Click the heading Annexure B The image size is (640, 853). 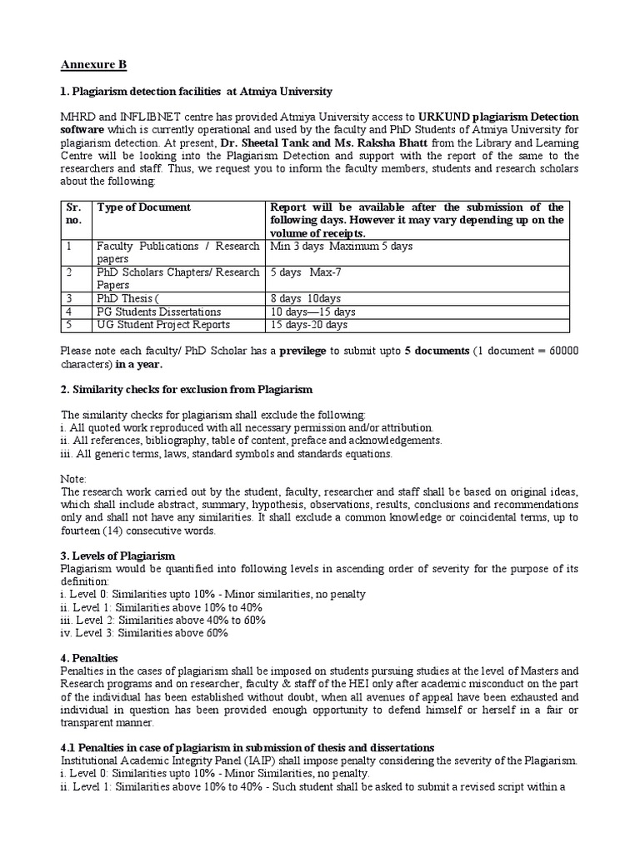[93, 64]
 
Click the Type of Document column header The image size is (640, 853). [144, 207]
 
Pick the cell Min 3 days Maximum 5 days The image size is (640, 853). [340, 247]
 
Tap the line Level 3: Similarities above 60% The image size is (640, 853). [144, 632]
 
